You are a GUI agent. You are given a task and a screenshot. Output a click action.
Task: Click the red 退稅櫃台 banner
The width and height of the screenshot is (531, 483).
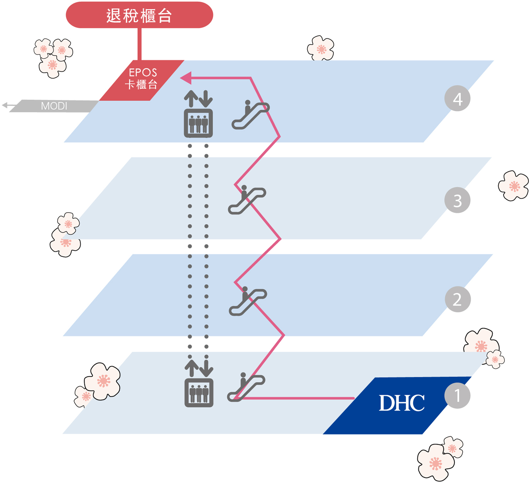139,15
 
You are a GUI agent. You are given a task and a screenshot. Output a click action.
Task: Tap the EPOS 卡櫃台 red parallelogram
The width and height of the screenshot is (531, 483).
142,80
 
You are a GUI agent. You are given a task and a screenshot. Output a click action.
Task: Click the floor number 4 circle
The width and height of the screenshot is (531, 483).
457,98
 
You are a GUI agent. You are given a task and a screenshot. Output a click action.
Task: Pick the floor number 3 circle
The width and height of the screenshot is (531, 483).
457,200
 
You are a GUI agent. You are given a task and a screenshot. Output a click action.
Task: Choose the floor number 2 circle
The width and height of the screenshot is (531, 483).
457,299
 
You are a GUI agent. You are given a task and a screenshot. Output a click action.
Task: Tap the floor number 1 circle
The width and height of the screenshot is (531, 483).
457,396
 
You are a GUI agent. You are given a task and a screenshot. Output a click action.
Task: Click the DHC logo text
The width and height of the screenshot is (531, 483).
401,403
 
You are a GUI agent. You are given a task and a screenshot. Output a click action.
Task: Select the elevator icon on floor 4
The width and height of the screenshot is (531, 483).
198,123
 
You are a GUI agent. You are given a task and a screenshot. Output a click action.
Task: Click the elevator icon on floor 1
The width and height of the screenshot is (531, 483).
199,393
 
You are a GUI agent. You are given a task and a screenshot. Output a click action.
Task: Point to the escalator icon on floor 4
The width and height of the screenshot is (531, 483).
250,115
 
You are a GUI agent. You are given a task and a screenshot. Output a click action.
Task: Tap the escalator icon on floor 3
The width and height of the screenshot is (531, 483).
247,200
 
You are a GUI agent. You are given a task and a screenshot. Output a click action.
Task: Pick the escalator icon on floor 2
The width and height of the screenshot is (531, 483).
248,301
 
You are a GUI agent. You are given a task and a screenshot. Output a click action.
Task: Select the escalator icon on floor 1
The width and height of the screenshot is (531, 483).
246,387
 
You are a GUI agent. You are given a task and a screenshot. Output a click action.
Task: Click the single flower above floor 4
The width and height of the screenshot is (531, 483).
321,48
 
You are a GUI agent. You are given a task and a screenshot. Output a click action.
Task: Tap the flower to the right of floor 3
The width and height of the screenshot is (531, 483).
513,186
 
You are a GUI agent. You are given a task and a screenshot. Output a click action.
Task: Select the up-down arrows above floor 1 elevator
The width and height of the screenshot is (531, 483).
199,368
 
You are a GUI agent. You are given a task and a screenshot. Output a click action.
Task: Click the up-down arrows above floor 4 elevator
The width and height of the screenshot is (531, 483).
198,98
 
